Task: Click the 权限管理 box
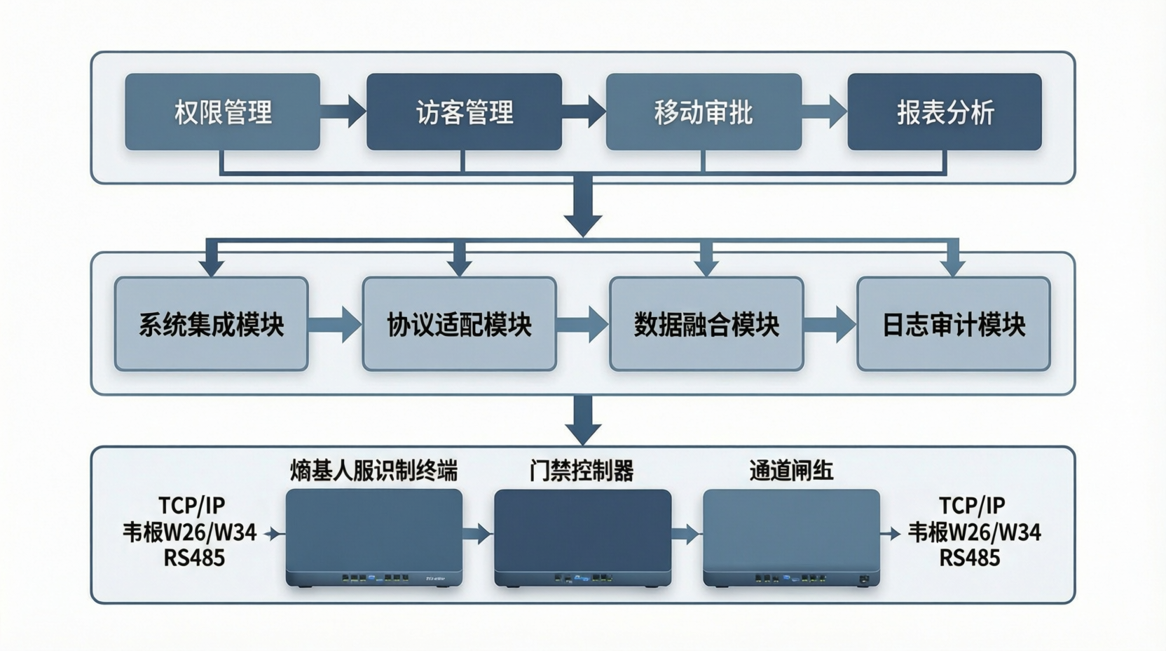[222, 112]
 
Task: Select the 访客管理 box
[464, 112]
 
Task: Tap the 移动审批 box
[704, 112]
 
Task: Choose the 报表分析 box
[945, 112]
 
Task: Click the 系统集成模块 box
[211, 324]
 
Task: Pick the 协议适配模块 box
[459, 324]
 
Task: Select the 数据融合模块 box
[706, 324]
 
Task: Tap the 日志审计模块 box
[953, 324]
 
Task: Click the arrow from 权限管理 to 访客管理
[343, 112]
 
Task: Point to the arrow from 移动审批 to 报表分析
[825, 112]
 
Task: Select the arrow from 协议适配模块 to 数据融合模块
[582, 324]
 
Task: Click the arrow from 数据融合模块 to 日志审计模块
[830, 324]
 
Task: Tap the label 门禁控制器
[582, 471]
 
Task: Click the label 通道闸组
[791, 471]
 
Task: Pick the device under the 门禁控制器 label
[582, 537]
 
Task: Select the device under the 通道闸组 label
[791, 537]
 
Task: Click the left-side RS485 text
[194, 558]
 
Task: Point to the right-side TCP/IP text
[971, 506]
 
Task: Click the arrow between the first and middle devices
[478, 534]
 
